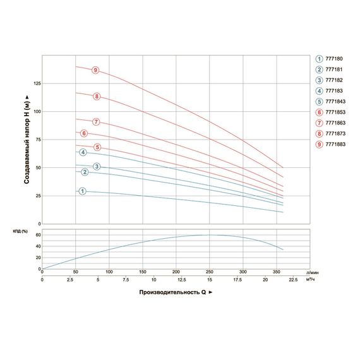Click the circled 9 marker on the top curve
(x=95, y=70)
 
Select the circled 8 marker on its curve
(x=97, y=97)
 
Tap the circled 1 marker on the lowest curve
(x=81, y=191)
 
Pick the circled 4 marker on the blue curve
(x=82, y=153)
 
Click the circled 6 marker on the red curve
(x=84, y=133)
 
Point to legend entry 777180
(x=330, y=58)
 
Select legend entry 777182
(x=330, y=80)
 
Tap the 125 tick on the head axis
(x=36, y=83)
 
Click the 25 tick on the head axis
(x=37, y=196)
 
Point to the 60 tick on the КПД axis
(x=37, y=235)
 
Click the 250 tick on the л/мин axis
(x=209, y=272)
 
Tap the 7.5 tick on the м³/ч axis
(x=125, y=280)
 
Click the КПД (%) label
(x=22, y=231)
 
